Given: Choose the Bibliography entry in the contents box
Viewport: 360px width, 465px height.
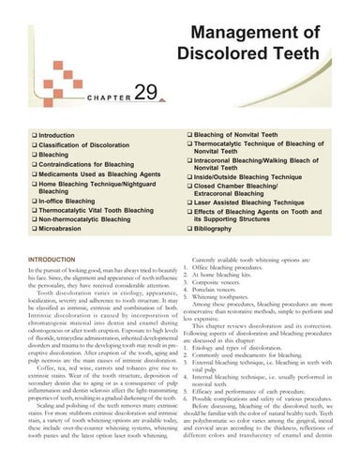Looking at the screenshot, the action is tap(219, 226).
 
